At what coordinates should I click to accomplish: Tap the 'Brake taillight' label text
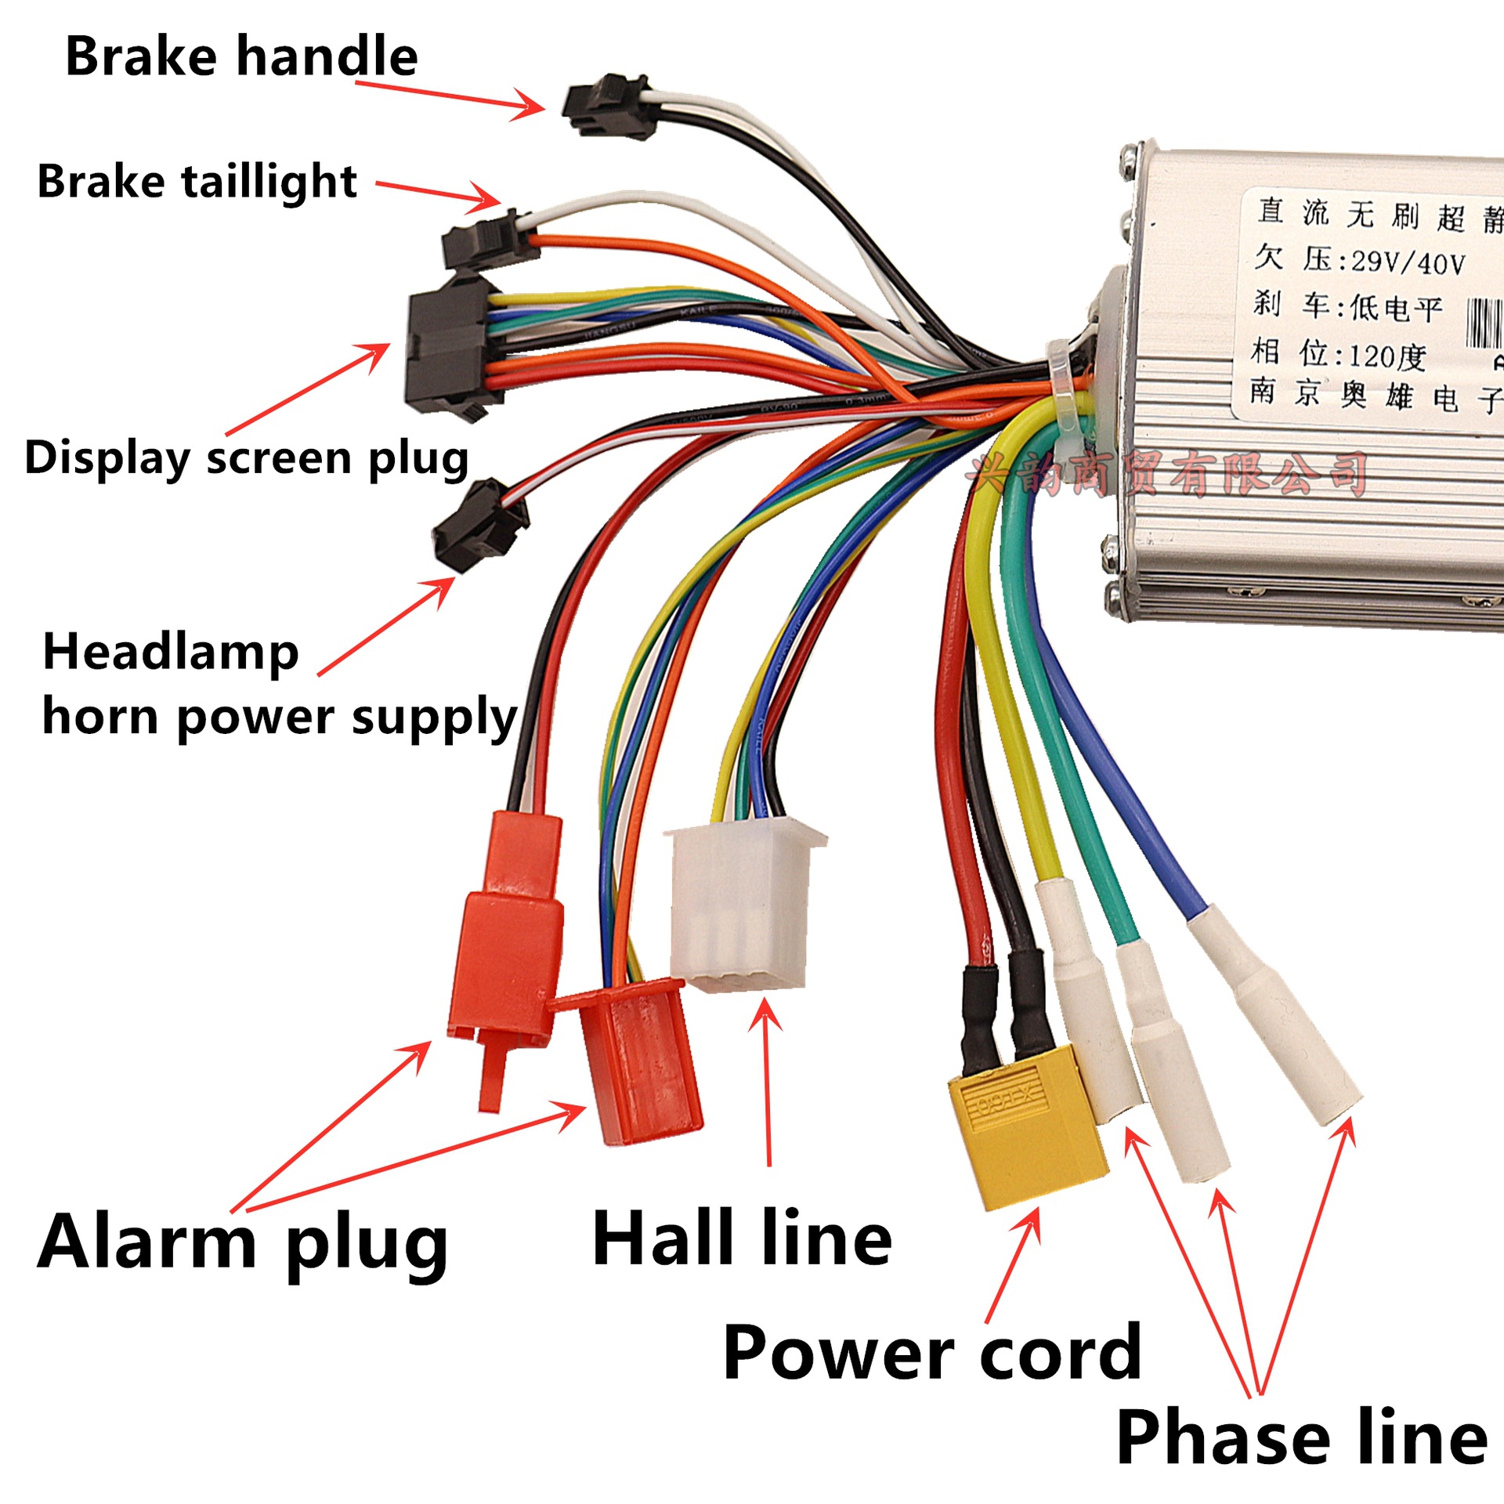[197, 182]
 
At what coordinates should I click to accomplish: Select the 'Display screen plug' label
[247, 458]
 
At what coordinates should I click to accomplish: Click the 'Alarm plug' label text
[243, 1242]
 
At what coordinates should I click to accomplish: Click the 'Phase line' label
[1302, 1437]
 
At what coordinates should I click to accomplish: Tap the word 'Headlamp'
[171, 652]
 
